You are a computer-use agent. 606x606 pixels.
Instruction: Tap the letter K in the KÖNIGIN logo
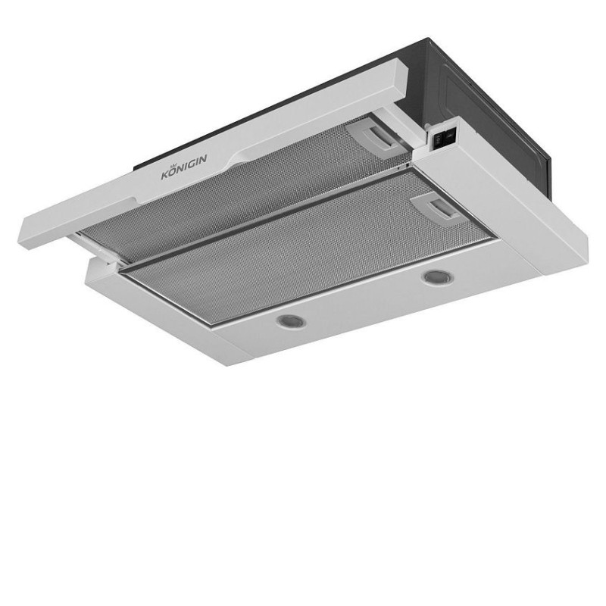(165, 175)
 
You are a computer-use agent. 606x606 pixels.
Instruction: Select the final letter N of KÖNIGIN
(202, 158)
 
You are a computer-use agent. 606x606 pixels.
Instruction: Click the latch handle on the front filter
(442, 210)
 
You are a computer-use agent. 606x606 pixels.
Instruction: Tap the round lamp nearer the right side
(439, 277)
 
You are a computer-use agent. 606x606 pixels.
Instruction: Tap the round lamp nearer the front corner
(292, 321)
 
